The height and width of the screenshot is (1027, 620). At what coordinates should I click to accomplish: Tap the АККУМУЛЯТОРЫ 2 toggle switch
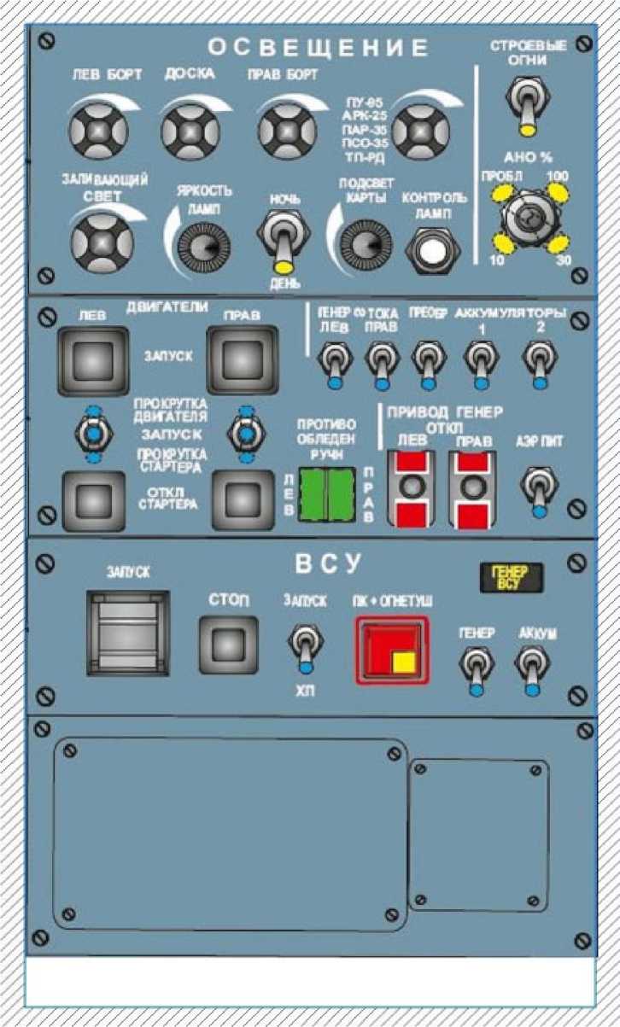[x=536, y=361]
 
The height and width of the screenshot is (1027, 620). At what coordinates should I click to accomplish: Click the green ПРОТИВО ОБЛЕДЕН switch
[x=329, y=494]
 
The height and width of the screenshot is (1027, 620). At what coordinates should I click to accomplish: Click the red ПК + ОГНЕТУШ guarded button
[x=389, y=647]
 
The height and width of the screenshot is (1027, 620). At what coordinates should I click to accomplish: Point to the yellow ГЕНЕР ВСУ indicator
[x=511, y=577]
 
